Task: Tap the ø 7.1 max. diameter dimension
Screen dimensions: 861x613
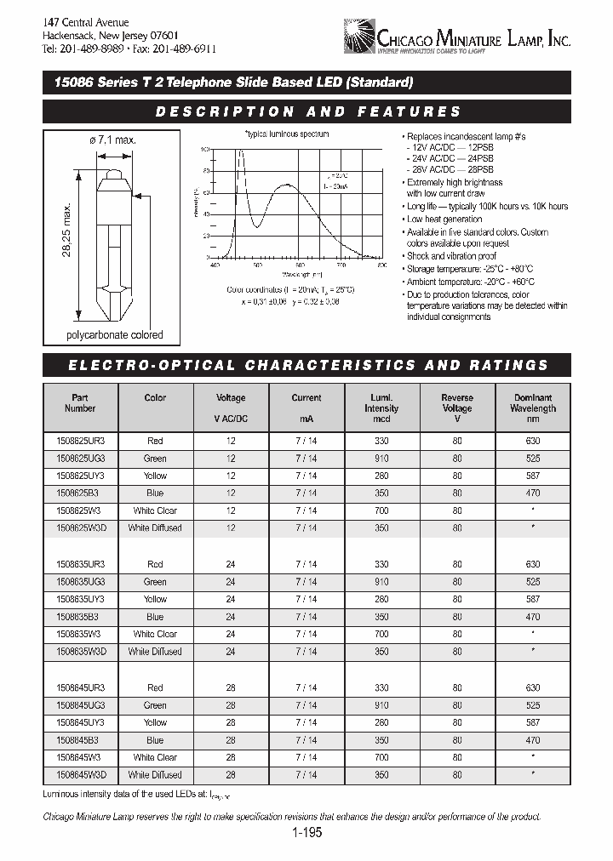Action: (113, 140)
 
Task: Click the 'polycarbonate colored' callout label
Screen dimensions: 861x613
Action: (115, 335)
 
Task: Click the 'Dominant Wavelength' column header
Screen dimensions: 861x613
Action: (533, 402)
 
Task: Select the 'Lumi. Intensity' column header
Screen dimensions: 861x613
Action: (381, 402)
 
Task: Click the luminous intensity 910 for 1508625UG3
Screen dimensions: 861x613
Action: (381, 459)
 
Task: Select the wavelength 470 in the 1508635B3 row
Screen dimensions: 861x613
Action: (533, 617)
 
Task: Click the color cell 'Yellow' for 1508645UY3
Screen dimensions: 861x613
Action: (155, 722)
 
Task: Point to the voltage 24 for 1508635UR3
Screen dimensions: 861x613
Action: (231, 564)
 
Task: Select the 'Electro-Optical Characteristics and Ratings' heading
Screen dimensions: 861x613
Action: (307, 365)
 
